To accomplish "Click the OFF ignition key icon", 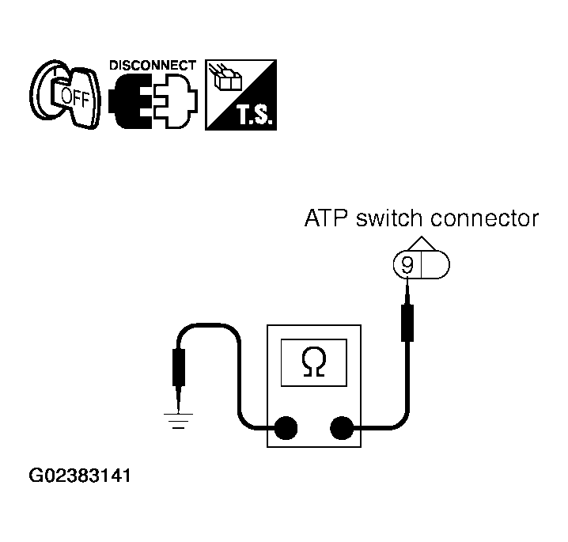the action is point(65,94).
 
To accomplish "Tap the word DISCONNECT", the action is point(153,65).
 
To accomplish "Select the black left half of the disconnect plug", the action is point(131,100).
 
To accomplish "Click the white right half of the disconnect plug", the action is point(176,100).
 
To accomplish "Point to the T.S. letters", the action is point(255,114).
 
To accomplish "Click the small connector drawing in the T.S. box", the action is point(225,77).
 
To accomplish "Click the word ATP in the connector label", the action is point(325,218).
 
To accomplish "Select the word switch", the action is point(389,218).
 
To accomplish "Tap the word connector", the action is point(485,218).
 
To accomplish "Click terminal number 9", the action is point(407,265).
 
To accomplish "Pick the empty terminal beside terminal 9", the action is point(435,265).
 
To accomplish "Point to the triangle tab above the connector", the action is point(422,244).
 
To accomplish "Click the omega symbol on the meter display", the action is point(314,362).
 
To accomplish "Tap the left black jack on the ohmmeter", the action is point(286,428).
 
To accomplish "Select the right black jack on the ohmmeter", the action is point(342,428).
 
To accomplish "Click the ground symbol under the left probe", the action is point(178,421).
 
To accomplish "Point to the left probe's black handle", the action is point(179,367).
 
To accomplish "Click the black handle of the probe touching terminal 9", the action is point(407,323).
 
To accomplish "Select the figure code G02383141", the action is point(79,476).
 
